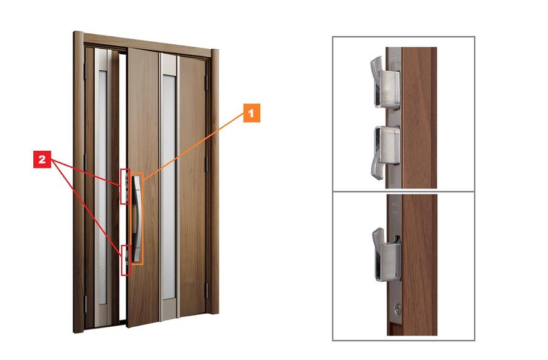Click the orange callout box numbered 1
point(252,113)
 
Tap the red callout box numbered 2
point(42,159)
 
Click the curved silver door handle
point(137,218)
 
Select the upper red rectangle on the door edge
point(125,186)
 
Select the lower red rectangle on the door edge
point(126,260)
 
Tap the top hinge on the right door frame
point(207,82)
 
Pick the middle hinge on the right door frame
point(207,164)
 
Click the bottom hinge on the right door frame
point(207,290)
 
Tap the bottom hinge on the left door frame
point(86,303)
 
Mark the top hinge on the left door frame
point(85,71)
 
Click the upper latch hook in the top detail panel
point(385,83)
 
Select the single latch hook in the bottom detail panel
point(386,254)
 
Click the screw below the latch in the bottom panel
point(398,308)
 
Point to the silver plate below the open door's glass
point(170,310)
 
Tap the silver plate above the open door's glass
point(169,64)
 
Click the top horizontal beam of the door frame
point(147,44)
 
